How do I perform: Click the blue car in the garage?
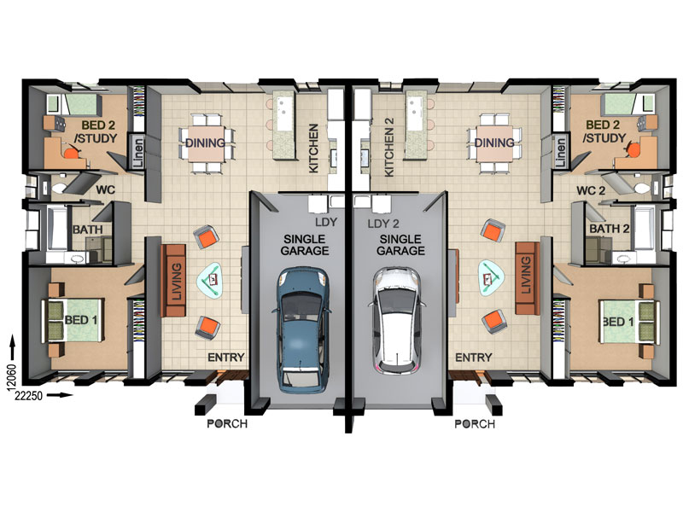pyautogui.click(x=301, y=329)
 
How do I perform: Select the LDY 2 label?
pyautogui.click(x=383, y=224)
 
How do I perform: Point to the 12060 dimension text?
pyautogui.click(x=12, y=375)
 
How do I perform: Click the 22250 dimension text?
pyautogui.click(x=29, y=395)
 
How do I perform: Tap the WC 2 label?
pyautogui.click(x=591, y=190)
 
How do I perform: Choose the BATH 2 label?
pyautogui.click(x=610, y=229)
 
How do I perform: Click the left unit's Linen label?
pyautogui.click(x=137, y=153)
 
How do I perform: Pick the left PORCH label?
pyautogui.click(x=227, y=423)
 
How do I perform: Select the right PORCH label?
pyautogui.click(x=475, y=423)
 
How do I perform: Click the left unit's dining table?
pyautogui.click(x=207, y=143)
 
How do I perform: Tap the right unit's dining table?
pyautogui.click(x=494, y=143)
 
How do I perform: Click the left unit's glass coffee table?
pyautogui.click(x=213, y=281)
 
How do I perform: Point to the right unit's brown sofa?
pyautogui.click(x=527, y=278)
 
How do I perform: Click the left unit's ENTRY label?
pyautogui.click(x=225, y=358)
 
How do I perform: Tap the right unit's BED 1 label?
pyautogui.click(x=618, y=322)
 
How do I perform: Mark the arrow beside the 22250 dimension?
pyautogui.click(x=60, y=395)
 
